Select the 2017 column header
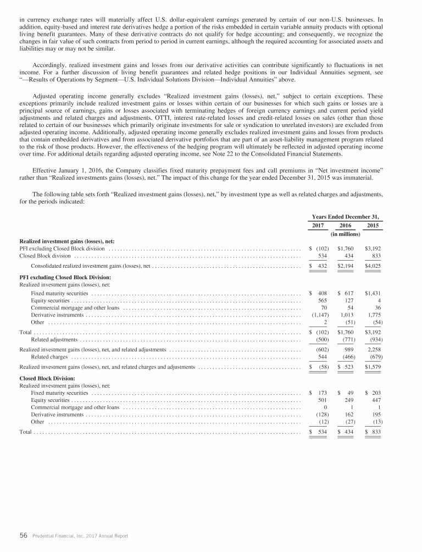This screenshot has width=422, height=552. click(x=318, y=225)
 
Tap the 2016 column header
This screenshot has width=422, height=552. click(x=345, y=225)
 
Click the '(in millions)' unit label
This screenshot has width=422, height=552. click(x=345, y=234)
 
